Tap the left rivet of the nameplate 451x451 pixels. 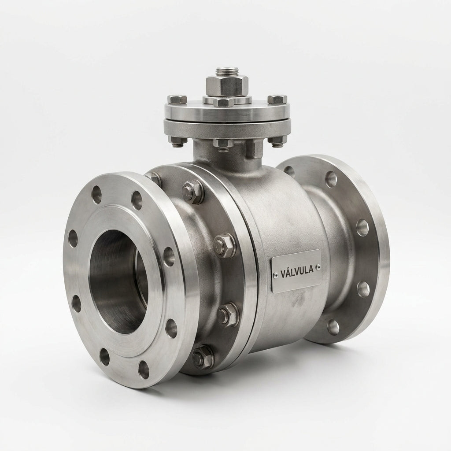[x=276, y=276]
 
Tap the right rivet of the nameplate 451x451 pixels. [x=318, y=267]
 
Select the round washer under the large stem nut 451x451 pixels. [x=227, y=99]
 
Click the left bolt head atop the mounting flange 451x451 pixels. [x=177, y=99]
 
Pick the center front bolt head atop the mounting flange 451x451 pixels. [x=223, y=102]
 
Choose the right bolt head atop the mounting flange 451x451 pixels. [x=277, y=99]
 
